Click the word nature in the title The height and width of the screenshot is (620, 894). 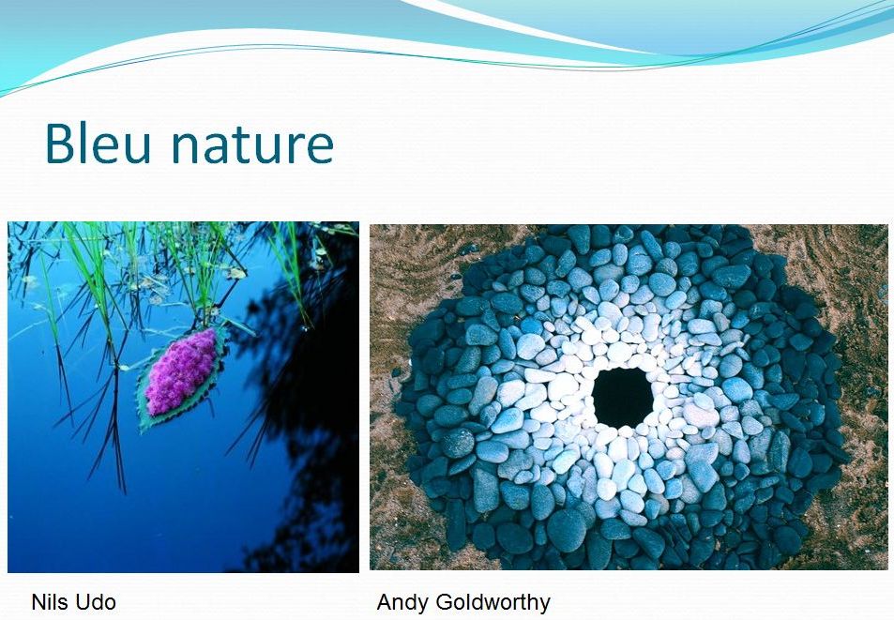252,145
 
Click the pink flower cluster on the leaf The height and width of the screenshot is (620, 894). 181,371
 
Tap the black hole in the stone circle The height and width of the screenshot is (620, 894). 623,397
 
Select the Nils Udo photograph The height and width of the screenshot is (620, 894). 183,397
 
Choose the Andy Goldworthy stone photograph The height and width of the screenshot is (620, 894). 629,397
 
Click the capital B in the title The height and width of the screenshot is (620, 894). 60,143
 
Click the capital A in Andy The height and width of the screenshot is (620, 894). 386,602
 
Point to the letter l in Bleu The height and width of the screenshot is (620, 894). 84,143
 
